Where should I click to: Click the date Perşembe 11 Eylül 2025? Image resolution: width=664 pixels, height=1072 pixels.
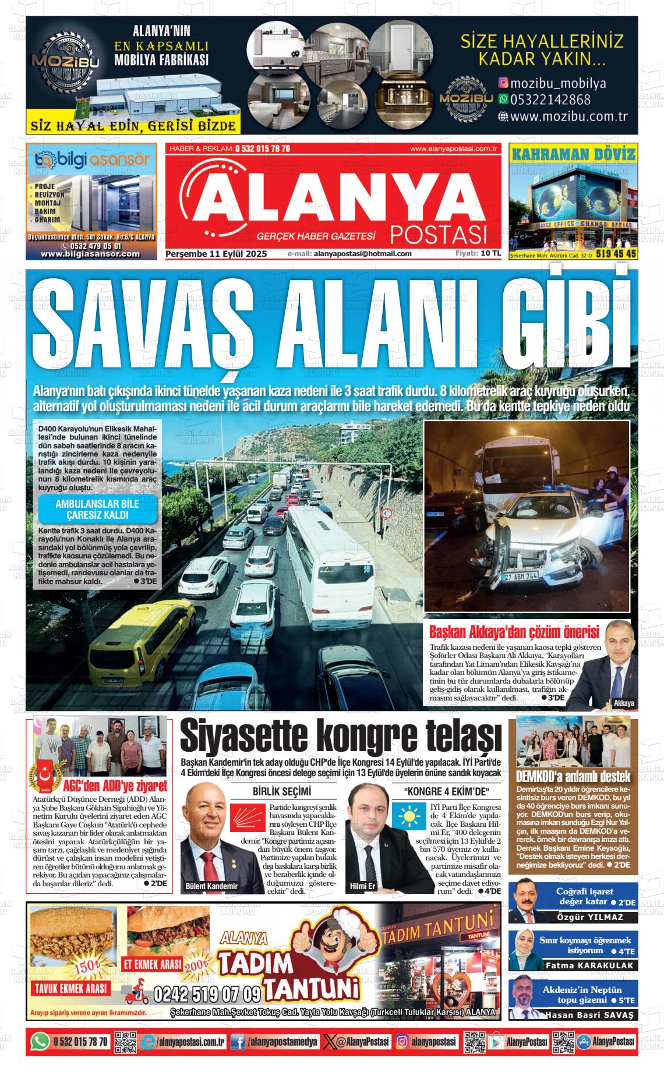216,254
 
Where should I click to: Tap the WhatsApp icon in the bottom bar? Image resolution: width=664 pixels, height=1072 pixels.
40,1041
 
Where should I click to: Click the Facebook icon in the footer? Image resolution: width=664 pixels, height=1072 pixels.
237,1041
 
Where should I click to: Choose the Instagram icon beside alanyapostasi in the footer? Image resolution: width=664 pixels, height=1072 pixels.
402,1041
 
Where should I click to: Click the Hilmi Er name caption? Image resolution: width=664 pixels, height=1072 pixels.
363,886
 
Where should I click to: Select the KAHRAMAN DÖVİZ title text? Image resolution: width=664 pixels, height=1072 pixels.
573,154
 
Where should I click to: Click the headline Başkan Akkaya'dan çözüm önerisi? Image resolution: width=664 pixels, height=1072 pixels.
514,632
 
